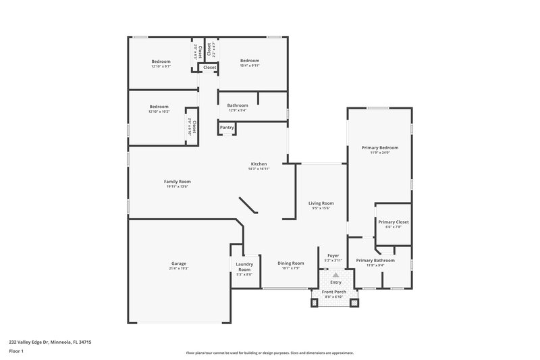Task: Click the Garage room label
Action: pyautogui.click(x=178, y=263)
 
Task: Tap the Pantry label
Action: pyautogui.click(x=227, y=127)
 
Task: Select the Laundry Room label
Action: pyautogui.click(x=244, y=267)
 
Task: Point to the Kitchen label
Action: pyautogui.click(x=259, y=164)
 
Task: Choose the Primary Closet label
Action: pyautogui.click(x=393, y=222)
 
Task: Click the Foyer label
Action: pyautogui.click(x=333, y=256)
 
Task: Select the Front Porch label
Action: pyautogui.click(x=333, y=292)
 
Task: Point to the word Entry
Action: pyautogui.click(x=335, y=282)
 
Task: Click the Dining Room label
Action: pyautogui.click(x=291, y=263)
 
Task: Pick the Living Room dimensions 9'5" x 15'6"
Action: pyautogui.click(x=321, y=208)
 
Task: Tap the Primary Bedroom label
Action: pyautogui.click(x=380, y=147)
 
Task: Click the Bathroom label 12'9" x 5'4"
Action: pyautogui.click(x=238, y=105)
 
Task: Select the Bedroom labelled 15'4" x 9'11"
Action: pyautogui.click(x=249, y=61)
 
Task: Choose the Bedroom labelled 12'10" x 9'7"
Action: pyautogui.click(x=161, y=61)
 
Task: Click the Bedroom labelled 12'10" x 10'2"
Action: pyautogui.click(x=159, y=106)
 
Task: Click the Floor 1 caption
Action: pyautogui.click(x=16, y=352)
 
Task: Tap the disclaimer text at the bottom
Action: pyautogui.click(x=269, y=353)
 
